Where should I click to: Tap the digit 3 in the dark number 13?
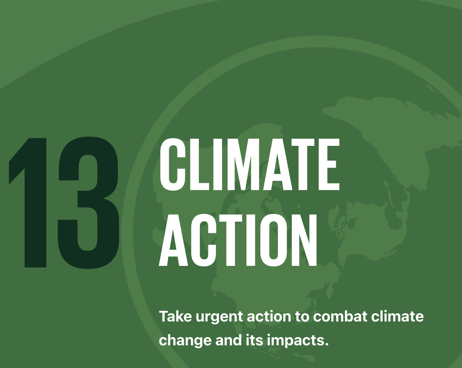[88, 203]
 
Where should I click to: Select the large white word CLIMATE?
[249, 165]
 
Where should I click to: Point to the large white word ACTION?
[238, 240]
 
